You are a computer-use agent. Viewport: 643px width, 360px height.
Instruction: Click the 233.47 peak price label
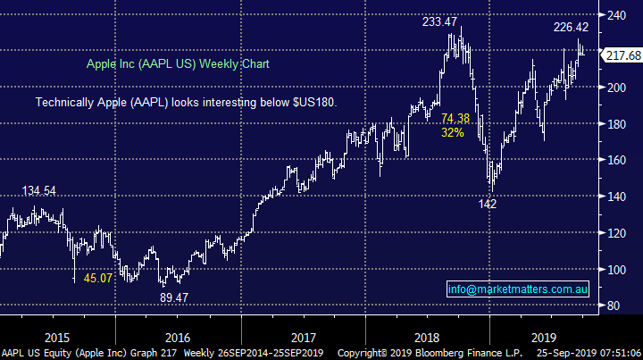443,21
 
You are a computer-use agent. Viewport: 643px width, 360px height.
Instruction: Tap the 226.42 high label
571,27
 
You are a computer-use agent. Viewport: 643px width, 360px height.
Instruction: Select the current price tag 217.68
622,55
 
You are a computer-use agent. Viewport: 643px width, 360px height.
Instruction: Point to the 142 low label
487,204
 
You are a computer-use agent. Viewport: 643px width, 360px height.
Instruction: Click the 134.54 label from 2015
40,190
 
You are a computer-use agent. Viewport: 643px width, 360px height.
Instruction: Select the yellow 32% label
453,132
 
